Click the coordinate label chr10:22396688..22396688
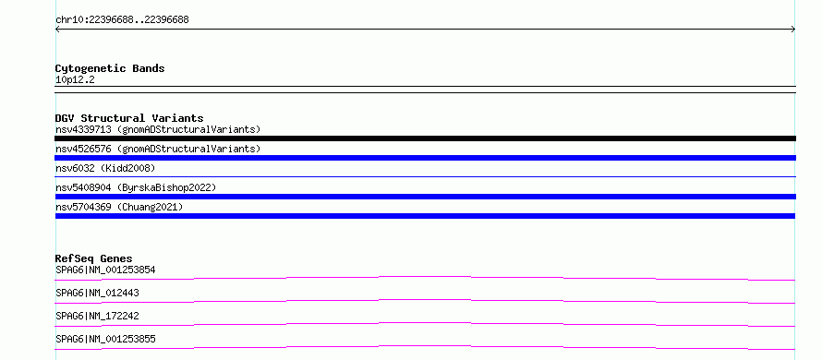tap(122, 20)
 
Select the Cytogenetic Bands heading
tap(110, 68)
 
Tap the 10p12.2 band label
tap(75, 80)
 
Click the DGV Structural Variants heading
tap(129, 118)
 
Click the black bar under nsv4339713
tap(425, 138)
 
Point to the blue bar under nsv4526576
tap(425, 158)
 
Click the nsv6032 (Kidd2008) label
tap(105, 168)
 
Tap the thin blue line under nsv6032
tap(425, 177)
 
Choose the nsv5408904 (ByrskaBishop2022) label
tap(136, 187)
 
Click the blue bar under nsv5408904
tap(425, 197)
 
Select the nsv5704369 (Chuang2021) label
tap(119, 207)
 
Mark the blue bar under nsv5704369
tap(425, 216)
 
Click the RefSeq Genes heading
tap(94, 258)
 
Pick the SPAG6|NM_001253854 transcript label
tap(105, 270)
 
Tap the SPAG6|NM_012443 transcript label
tap(98, 294)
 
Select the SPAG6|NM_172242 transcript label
tap(98, 317)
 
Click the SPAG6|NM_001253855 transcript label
tap(105, 340)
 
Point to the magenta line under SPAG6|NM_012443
tap(425, 300)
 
